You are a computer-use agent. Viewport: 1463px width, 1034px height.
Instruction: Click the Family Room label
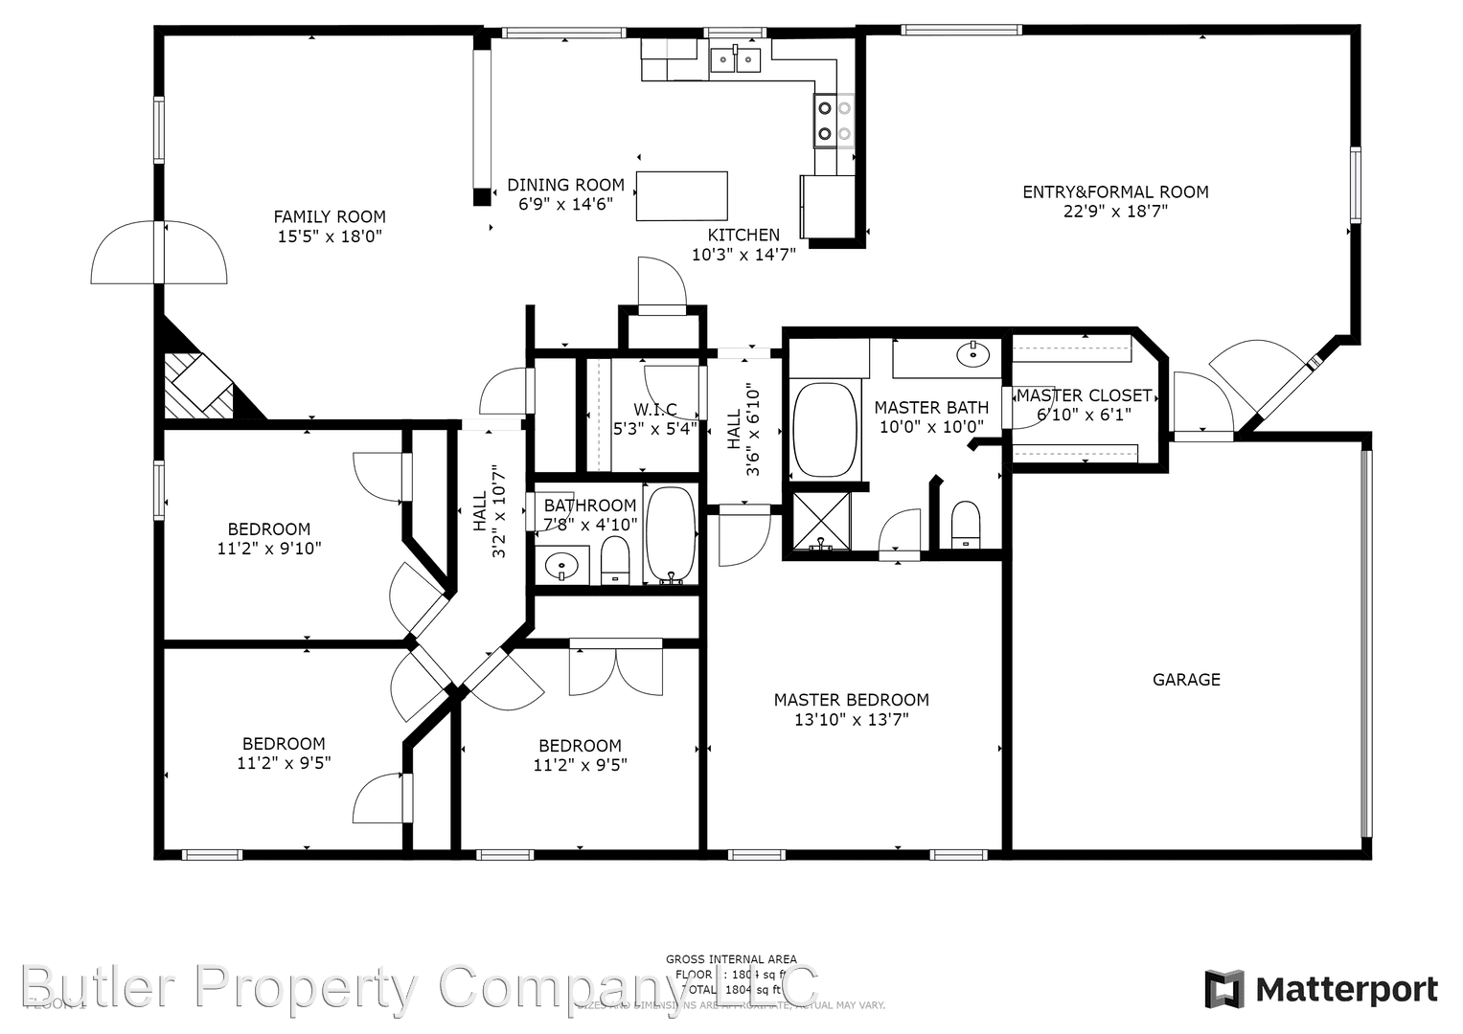(x=330, y=217)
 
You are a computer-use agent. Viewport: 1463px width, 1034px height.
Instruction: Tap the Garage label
(x=1185, y=680)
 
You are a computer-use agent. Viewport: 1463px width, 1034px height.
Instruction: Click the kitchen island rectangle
(x=681, y=196)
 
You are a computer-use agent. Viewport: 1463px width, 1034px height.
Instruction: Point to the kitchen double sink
(x=735, y=60)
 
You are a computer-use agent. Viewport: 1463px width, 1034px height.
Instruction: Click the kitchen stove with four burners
(x=834, y=121)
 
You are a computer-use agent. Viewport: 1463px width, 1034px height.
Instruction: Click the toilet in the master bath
(x=965, y=525)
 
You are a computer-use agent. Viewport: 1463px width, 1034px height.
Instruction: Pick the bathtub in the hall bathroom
(x=671, y=534)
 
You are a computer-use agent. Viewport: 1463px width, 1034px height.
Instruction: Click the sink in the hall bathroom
(x=561, y=565)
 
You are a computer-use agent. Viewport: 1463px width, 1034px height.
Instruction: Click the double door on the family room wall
(x=159, y=253)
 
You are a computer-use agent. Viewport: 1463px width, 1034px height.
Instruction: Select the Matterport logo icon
(x=1223, y=989)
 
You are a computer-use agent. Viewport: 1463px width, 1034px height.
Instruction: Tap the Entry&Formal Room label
(x=1115, y=192)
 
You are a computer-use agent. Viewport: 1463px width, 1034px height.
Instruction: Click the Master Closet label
(x=1084, y=395)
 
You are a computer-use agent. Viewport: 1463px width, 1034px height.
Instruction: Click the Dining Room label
(x=565, y=185)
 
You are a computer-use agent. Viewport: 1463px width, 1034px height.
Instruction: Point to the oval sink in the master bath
(x=972, y=354)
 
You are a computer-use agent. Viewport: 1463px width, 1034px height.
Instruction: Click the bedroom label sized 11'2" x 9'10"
(x=269, y=529)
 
